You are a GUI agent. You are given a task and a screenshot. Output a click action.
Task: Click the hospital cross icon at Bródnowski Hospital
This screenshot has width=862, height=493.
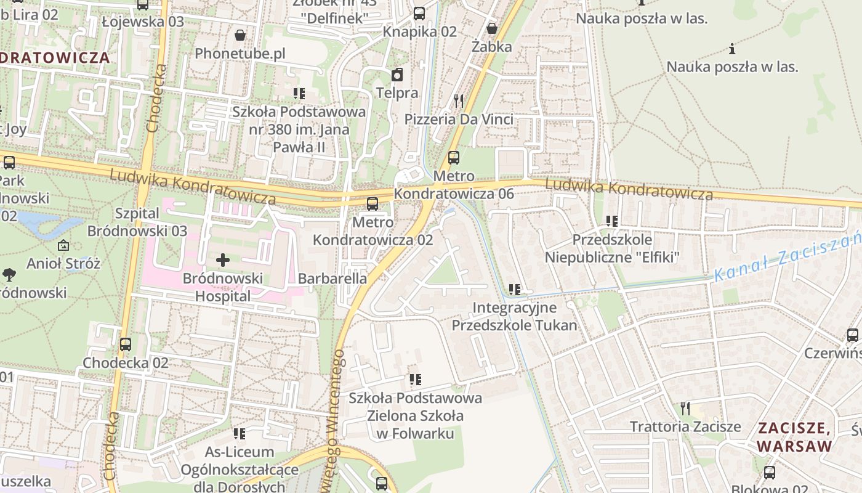click(223, 260)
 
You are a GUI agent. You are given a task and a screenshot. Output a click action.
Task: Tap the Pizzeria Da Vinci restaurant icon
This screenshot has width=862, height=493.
click(459, 100)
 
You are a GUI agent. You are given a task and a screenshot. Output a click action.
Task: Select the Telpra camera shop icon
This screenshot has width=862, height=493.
click(397, 75)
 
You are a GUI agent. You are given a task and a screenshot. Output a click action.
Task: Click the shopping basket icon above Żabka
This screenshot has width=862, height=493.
click(492, 28)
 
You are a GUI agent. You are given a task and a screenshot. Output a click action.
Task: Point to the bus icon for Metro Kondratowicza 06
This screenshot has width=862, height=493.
click(454, 158)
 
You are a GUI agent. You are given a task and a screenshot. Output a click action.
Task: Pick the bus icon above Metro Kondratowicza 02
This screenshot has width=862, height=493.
click(373, 203)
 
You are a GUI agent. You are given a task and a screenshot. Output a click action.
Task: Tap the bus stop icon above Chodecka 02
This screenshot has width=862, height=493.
click(126, 344)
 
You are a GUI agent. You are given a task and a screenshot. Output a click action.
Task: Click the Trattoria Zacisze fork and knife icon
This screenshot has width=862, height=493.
click(685, 408)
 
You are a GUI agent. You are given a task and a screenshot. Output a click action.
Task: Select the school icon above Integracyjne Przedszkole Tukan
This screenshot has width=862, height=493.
click(515, 289)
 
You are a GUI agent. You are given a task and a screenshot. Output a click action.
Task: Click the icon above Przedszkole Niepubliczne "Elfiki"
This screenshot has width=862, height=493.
click(611, 221)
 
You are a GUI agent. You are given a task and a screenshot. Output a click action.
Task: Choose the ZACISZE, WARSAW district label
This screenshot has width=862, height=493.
click(794, 437)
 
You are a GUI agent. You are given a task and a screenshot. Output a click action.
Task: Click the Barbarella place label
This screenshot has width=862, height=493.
click(332, 279)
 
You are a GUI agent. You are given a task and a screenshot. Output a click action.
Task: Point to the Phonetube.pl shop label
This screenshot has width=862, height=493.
click(240, 54)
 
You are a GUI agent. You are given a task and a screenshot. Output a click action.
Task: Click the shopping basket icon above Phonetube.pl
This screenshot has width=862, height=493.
click(240, 35)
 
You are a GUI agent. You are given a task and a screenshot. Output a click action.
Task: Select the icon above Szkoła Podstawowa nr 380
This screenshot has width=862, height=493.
click(299, 94)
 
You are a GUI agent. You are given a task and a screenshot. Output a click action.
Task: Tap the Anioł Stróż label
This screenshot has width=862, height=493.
click(63, 264)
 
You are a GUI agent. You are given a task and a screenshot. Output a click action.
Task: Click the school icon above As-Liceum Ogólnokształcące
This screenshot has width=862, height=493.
click(240, 434)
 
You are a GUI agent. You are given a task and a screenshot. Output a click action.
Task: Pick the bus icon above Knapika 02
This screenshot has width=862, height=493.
click(419, 13)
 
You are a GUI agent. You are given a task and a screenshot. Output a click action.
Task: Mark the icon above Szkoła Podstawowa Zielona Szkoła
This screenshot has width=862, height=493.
click(416, 380)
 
